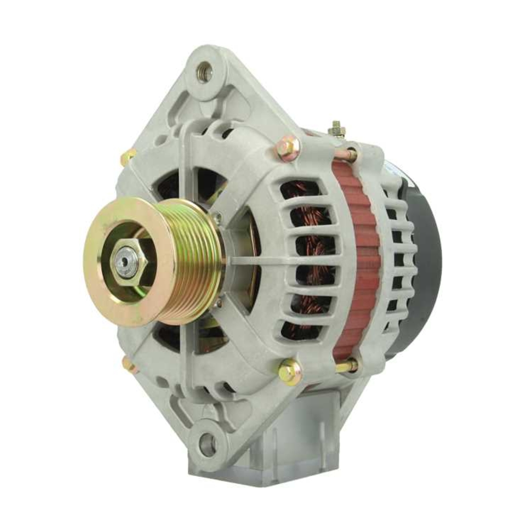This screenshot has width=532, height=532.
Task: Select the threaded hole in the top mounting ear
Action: [204, 72]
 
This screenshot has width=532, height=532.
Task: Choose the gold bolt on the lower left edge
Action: [129, 364]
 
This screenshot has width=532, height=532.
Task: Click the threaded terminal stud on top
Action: [336, 129]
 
